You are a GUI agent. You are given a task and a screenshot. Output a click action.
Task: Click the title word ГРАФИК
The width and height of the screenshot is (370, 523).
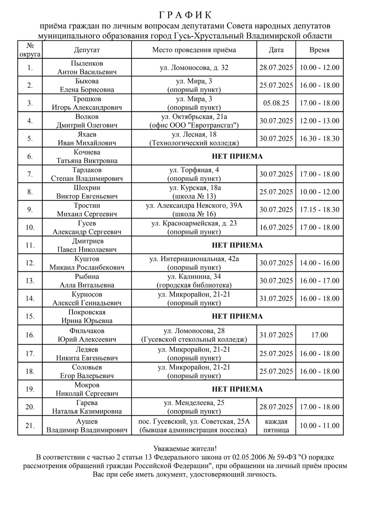(185, 15)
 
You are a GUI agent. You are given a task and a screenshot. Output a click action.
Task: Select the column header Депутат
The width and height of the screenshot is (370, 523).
(87, 50)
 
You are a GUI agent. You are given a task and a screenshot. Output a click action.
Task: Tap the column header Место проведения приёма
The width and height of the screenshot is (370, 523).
(194, 50)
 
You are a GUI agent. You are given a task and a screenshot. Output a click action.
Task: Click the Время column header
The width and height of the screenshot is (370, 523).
(319, 50)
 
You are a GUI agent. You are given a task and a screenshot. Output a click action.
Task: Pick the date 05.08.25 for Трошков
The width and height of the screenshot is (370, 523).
(276, 103)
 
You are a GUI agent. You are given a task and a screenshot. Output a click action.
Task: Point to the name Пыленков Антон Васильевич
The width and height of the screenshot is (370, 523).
(87, 68)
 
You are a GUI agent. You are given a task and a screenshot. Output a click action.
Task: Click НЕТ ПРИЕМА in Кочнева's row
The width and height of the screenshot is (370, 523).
(237, 157)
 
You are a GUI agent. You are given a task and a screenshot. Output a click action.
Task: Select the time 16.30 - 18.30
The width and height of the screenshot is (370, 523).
(319, 139)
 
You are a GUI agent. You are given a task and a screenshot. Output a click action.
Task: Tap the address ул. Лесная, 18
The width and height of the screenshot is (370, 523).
(194, 134)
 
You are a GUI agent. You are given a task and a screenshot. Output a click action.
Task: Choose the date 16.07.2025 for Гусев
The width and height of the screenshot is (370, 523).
(276, 227)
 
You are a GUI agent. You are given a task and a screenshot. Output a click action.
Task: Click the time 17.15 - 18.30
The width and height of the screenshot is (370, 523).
(319, 210)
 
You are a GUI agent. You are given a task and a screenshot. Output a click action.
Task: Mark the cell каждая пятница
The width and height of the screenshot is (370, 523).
(276, 426)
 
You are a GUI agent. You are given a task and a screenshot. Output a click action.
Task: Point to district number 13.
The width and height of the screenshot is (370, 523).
(30, 281)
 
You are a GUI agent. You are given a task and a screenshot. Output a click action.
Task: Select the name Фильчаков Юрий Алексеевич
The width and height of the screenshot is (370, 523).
(87, 335)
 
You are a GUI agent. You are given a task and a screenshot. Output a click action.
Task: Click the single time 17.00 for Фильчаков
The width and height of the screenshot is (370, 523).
(319, 335)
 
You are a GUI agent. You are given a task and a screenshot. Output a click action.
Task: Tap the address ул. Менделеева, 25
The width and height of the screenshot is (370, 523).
(194, 403)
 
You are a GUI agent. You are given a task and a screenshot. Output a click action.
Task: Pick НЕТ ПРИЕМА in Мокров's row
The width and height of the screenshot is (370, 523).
(237, 389)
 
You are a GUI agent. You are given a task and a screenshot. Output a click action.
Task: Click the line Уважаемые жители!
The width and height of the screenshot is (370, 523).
(185, 448)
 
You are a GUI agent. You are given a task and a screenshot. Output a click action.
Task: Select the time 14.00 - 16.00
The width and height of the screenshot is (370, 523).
(319, 263)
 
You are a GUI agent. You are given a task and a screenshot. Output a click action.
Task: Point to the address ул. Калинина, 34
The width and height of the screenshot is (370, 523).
(194, 277)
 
